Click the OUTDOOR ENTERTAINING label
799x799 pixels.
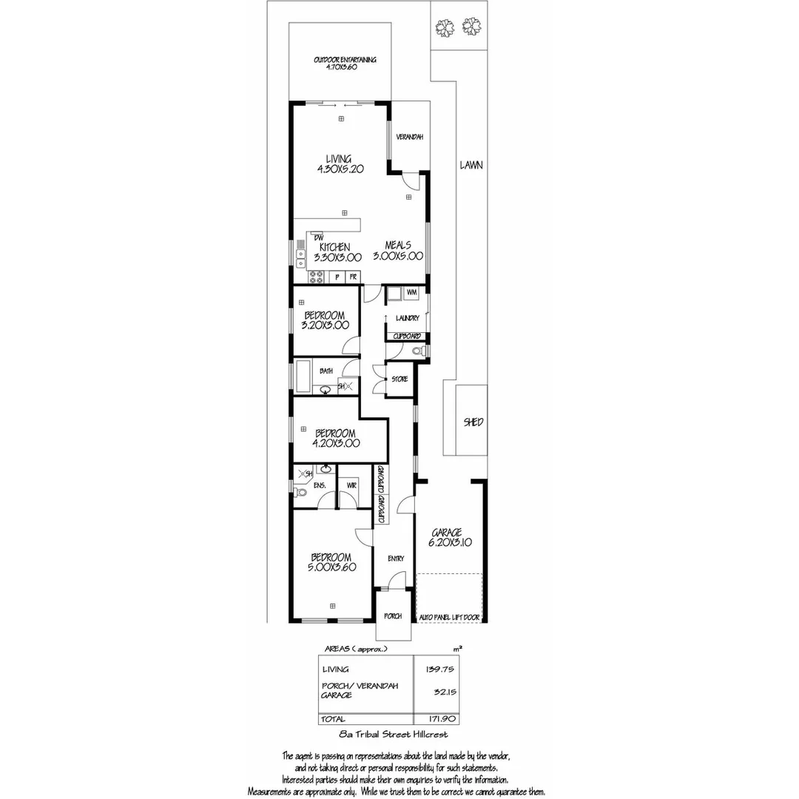tap(345, 60)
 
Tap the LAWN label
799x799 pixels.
tap(471, 165)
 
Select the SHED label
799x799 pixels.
tap(473, 422)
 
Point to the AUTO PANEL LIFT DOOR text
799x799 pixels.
tap(450, 617)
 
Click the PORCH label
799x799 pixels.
tap(393, 616)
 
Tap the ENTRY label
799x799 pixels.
tap(396, 558)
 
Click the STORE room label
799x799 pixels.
tap(399, 380)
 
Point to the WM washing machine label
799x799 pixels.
tap(412, 294)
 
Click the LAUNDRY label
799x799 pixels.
tap(408, 318)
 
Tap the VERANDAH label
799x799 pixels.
tap(409, 137)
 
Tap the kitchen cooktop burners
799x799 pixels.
tap(317, 277)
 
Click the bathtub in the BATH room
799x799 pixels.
tap(303, 376)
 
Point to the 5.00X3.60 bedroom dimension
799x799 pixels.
tap(331, 567)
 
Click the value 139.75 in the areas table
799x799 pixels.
tap(439, 669)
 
